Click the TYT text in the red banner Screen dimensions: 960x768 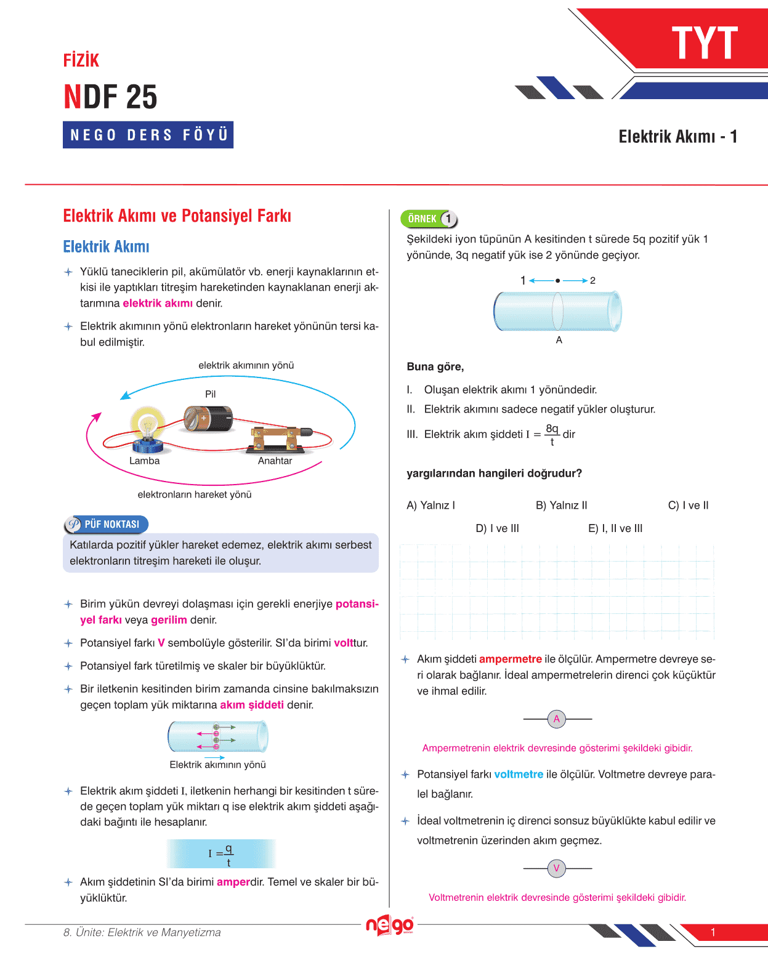point(704,43)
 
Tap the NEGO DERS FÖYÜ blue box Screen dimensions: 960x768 point(148,135)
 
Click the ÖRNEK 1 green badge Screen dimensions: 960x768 point(429,219)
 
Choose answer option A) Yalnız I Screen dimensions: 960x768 point(430,506)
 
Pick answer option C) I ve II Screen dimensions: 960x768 point(688,506)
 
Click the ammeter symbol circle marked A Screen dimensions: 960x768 point(557,719)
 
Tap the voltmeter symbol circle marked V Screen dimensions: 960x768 point(557,868)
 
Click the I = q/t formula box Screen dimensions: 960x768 point(220,853)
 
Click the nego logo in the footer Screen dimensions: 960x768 point(389,925)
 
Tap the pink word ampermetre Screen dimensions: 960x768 point(510,659)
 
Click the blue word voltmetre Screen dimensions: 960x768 point(519,774)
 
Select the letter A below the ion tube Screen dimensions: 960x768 point(559,340)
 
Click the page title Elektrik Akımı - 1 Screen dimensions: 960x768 point(677,137)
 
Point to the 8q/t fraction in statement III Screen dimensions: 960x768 point(552,435)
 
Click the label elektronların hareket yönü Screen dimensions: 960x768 point(195,494)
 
